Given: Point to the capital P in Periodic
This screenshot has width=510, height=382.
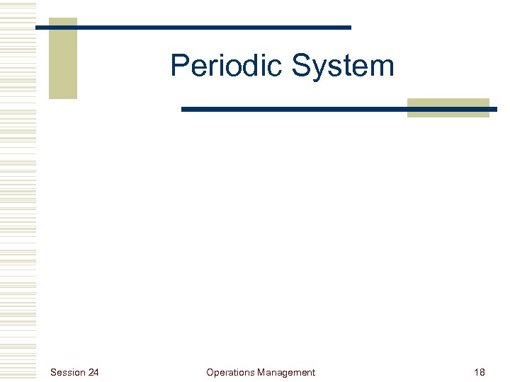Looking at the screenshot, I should click(179, 66).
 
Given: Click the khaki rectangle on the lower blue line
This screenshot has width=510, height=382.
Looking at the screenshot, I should click(448, 108).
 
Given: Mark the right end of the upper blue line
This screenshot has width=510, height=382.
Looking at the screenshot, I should click(349, 28).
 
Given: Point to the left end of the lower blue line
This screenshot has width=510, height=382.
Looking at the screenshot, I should click(183, 110).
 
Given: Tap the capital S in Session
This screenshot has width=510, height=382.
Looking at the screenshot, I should click(53, 372).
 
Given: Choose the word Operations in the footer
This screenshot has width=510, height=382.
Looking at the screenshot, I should click(230, 372).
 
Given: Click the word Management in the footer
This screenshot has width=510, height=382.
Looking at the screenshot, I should click(286, 372).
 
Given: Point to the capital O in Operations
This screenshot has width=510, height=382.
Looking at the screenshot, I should click(210, 372).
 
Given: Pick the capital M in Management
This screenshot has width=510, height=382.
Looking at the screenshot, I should click(261, 372).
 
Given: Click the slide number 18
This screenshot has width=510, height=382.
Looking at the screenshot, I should click(480, 372).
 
